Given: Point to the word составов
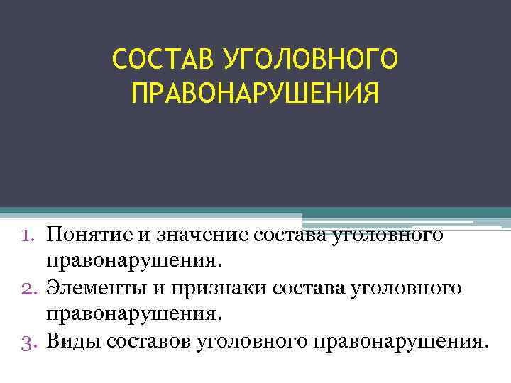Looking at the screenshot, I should point(147,341).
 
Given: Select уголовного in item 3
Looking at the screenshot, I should point(249,341).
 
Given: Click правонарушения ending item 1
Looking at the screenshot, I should point(135,262).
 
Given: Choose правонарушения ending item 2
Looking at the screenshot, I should point(135,314).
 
